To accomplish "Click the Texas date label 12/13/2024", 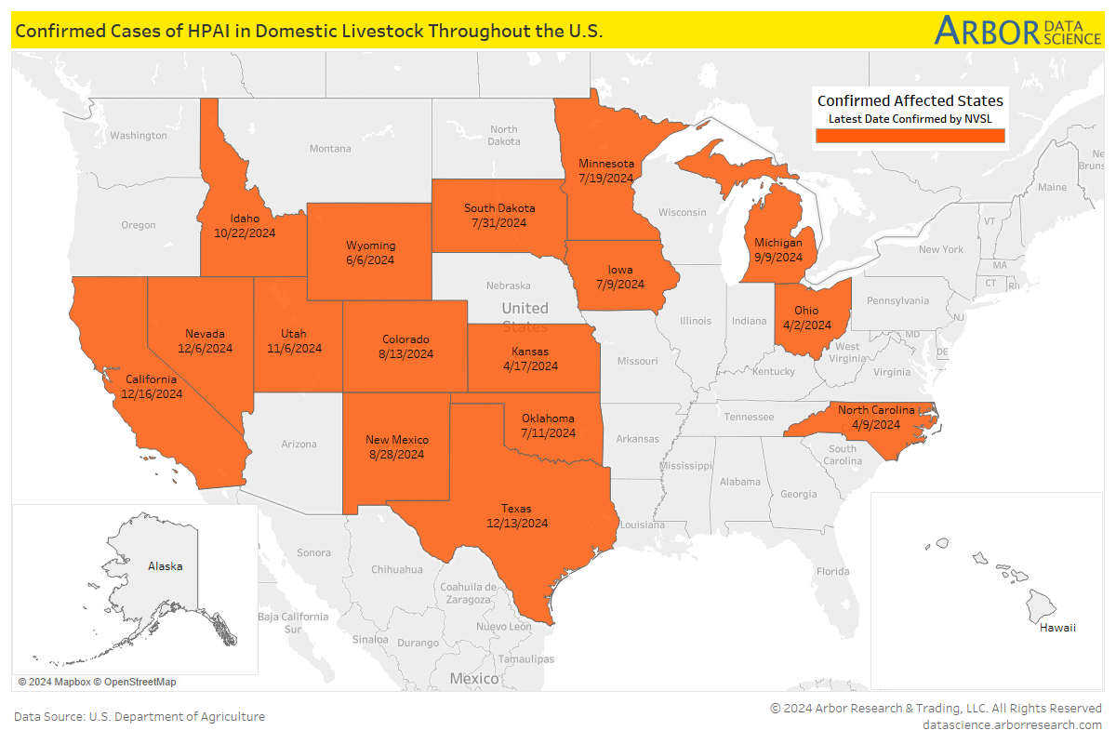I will click(516, 524).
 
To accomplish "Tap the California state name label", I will click(151, 379).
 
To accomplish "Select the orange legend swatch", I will click(910, 136).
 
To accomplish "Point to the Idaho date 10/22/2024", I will click(245, 233).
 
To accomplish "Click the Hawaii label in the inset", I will click(1057, 628).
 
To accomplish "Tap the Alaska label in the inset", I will click(166, 565).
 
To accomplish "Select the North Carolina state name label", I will click(876, 410).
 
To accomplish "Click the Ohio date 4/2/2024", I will click(806, 325).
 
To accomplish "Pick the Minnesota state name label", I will click(605, 164).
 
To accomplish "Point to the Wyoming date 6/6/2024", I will click(370, 260).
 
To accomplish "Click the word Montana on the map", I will click(330, 149).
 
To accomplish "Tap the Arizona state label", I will click(299, 445).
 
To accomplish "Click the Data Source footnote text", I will click(139, 716).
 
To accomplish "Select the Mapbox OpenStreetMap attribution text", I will click(97, 682).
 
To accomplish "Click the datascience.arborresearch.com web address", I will click(1012, 724).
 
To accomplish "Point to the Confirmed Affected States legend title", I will click(910, 100).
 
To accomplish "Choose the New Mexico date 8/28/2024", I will click(396, 455).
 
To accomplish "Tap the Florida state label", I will click(832, 571).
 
